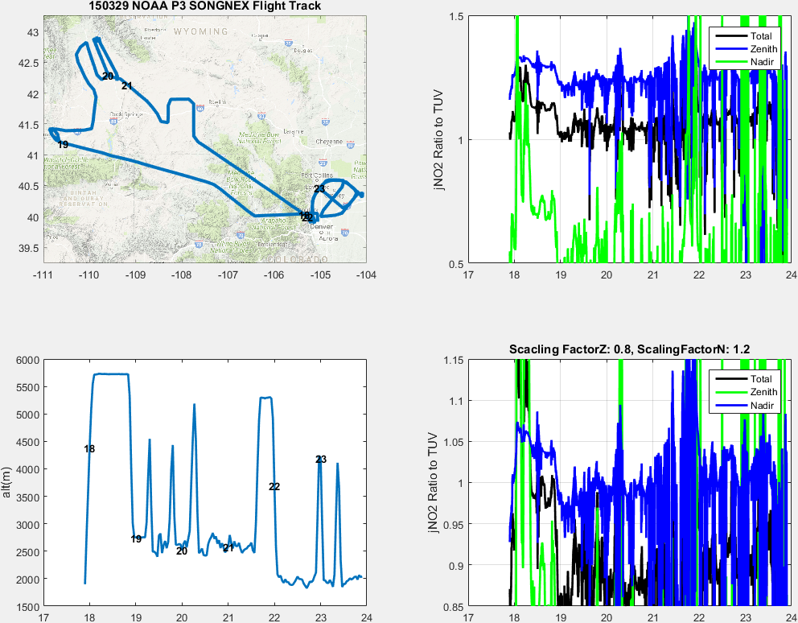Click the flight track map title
[204, 6]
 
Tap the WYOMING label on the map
[200, 31]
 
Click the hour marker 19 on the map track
[63, 145]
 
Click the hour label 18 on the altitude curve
[89, 449]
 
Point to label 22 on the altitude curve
[274, 487]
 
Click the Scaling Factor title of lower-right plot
[629, 349]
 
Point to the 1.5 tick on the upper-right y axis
[455, 17]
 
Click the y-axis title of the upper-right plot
[438, 140]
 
